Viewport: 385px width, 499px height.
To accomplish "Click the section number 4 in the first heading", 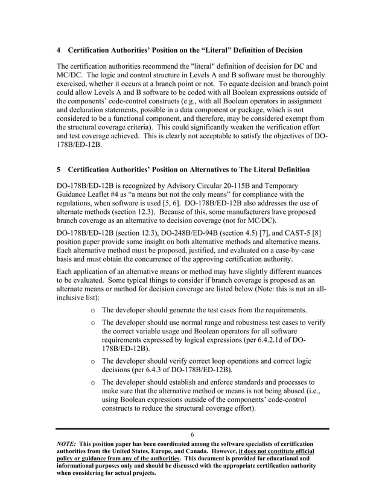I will pos(59,49).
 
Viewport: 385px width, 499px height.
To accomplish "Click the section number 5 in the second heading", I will pos(59,168).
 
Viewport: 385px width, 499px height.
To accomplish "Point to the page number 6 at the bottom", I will pos(192,435).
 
